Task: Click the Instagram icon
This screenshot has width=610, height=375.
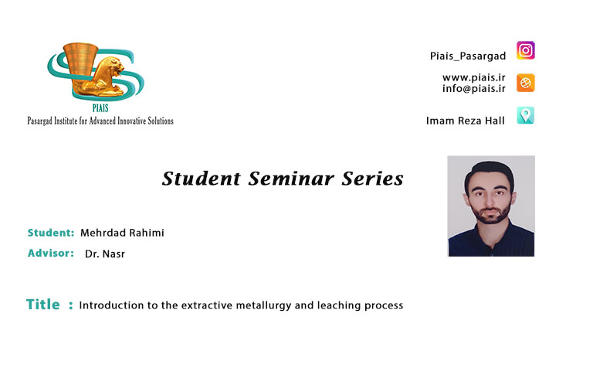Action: tap(526, 50)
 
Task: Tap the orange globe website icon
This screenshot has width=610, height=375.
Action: tap(526, 83)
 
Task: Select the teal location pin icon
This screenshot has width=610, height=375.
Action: tap(526, 115)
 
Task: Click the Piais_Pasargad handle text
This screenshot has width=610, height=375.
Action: tap(468, 56)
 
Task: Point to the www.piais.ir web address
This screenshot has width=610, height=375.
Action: tap(474, 77)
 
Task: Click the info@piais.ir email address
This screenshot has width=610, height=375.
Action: tap(474, 88)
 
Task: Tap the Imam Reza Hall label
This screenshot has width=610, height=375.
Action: tap(466, 121)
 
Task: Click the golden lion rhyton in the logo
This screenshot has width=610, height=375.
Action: tap(93, 70)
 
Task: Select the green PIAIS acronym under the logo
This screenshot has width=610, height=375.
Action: tap(100, 108)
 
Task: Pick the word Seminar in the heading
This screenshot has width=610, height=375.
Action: tap(291, 179)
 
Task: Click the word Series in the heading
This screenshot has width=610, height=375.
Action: tap(372, 179)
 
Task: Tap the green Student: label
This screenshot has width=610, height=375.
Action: tap(50, 233)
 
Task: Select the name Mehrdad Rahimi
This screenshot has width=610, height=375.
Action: tap(122, 233)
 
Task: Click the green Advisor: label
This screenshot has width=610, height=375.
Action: tap(50, 253)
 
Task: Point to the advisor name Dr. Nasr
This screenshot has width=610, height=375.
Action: tap(105, 254)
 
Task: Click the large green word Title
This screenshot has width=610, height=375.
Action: tap(42, 305)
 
